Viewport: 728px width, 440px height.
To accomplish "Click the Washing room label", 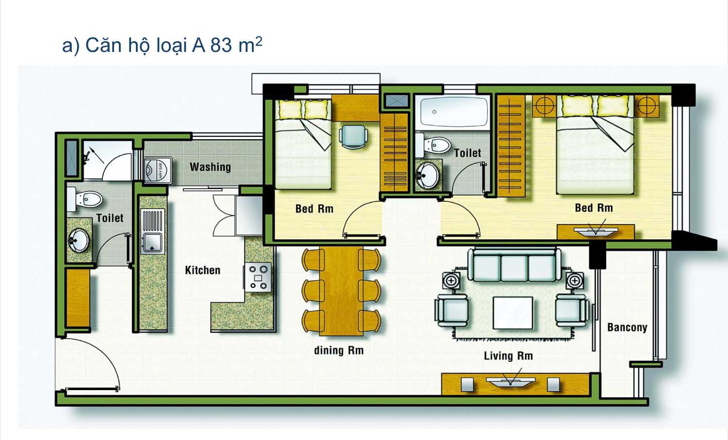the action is pyautogui.click(x=210, y=167).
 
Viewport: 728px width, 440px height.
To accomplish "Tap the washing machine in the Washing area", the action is pyautogui.click(x=158, y=170).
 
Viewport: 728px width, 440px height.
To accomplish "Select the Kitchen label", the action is pyautogui.click(x=202, y=270).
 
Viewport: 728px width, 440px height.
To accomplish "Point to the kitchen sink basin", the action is pyautogui.click(x=152, y=242).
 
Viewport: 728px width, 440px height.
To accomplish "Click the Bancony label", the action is pyautogui.click(x=627, y=327).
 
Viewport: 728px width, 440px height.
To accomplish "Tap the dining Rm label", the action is pyautogui.click(x=339, y=350).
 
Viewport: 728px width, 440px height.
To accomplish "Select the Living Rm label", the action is pyautogui.click(x=508, y=356).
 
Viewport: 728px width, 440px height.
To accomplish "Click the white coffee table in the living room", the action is pyautogui.click(x=513, y=313).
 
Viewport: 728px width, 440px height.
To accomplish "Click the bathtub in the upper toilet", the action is pyautogui.click(x=454, y=112).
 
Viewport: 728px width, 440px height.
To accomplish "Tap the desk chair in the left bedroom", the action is pyautogui.click(x=353, y=137).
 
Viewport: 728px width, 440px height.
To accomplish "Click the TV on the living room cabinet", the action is pyautogui.click(x=511, y=381).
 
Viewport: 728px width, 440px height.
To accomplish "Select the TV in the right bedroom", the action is pyautogui.click(x=596, y=230).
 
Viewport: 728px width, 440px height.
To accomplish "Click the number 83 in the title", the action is pyautogui.click(x=221, y=45).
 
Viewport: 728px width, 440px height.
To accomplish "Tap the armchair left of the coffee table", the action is pyautogui.click(x=452, y=310).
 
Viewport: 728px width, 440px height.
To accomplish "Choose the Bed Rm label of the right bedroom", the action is pyautogui.click(x=594, y=208).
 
